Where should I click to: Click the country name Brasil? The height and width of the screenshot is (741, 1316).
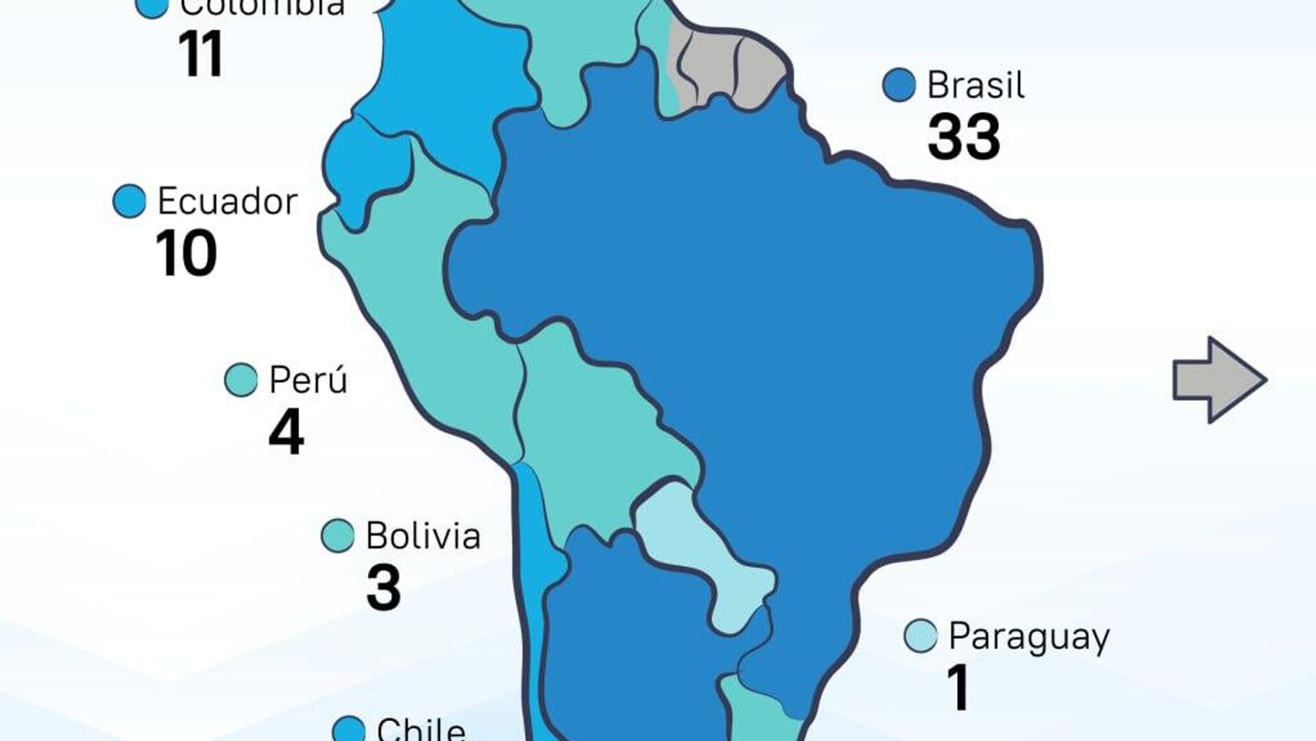(x=975, y=86)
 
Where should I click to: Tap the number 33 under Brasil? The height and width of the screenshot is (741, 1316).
(x=964, y=138)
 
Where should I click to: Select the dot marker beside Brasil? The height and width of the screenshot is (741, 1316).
(x=899, y=86)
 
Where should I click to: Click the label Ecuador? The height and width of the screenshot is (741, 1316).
(x=228, y=202)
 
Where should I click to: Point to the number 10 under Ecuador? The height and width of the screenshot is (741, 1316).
(x=186, y=254)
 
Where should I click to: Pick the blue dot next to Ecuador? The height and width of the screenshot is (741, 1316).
(x=130, y=202)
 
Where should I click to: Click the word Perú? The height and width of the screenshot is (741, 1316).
(x=308, y=380)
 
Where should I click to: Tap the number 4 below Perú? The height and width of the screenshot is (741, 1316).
(x=287, y=433)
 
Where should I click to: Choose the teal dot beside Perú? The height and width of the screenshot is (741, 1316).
(x=241, y=380)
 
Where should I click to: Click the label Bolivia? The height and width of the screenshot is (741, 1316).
(x=423, y=535)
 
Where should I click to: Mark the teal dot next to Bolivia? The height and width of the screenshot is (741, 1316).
(x=337, y=535)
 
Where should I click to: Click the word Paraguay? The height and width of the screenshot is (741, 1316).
(x=1029, y=637)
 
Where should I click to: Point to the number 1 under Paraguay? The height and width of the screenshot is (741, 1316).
(x=958, y=688)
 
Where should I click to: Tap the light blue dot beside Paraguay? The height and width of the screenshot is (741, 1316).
(x=921, y=636)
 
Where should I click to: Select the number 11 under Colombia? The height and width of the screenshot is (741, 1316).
(x=200, y=54)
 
